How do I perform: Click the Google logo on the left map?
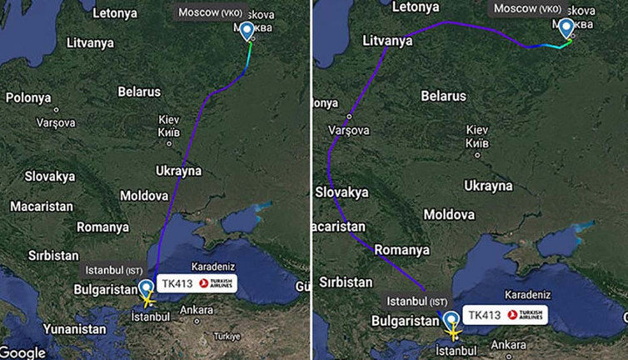(23, 351)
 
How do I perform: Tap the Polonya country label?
(28, 97)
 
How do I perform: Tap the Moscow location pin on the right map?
(567, 28)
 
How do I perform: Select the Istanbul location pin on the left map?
(147, 289)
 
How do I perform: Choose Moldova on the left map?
(143, 195)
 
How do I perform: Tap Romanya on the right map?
(401, 249)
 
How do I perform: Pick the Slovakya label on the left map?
(50, 177)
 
